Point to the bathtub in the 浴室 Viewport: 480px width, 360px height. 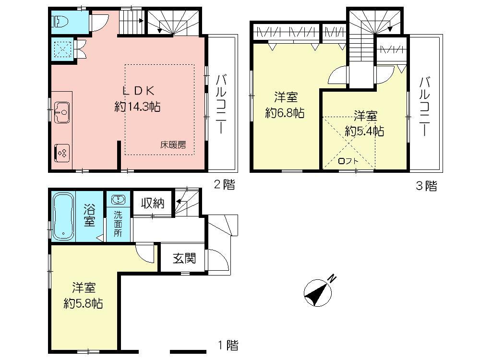61,216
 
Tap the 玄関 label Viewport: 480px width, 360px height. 184,259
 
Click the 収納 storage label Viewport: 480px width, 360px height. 152,203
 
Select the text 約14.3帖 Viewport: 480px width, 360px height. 137,107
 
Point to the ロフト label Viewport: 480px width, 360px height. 348,161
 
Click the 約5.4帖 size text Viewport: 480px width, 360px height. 365,131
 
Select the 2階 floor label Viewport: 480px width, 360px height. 224,185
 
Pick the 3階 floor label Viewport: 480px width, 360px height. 426,186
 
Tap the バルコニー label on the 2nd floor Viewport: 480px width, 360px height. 221,103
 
